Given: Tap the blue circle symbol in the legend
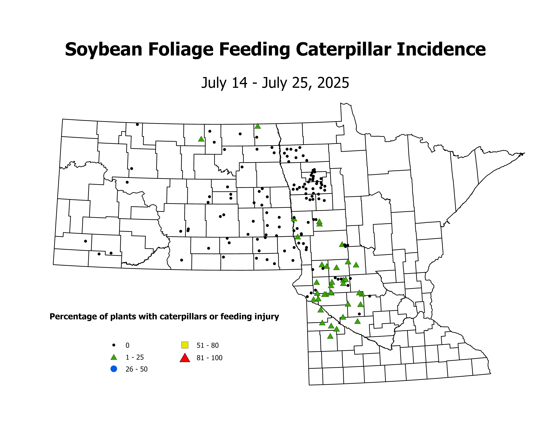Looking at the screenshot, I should click(x=114, y=369).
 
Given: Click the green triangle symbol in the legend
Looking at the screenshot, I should click(x=114, y=357).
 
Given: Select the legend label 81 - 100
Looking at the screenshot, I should click(x=209, y=358).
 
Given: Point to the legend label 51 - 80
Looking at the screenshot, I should click(x=207, y=345).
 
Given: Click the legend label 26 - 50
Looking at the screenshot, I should click(x=136, y=369).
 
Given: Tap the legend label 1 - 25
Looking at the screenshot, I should click(x=135, y=357).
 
